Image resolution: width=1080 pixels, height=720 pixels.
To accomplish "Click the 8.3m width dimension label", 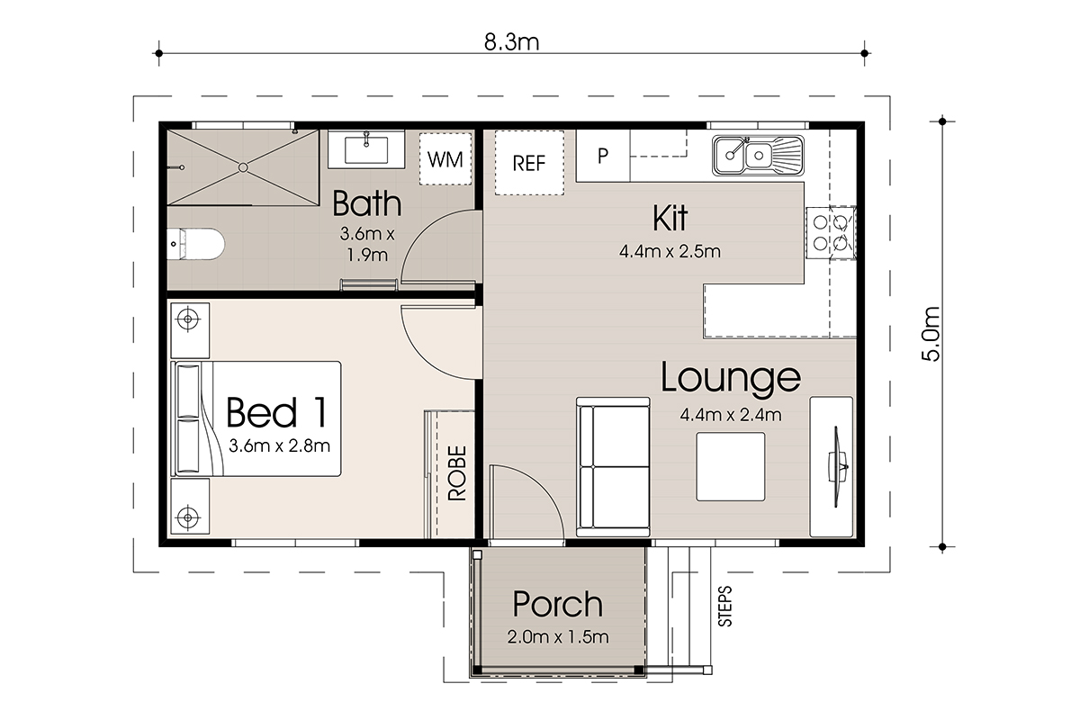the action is [x=511, y=42].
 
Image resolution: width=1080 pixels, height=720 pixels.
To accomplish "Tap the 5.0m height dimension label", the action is [x=931, y=334].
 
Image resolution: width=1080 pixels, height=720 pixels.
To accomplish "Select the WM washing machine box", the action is [x=445, y=159].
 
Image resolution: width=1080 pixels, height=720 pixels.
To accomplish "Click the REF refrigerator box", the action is [x=529, y=163].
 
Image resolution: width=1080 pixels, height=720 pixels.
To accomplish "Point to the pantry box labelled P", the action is [x=603, y=156].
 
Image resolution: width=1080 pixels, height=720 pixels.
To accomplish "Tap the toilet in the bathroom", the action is [x=196, y=244].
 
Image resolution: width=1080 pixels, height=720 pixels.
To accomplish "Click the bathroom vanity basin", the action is [x=366, y=149].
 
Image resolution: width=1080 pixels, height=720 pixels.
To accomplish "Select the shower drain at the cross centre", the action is [x=243, y=167].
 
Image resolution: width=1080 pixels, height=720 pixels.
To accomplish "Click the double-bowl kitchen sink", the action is [x=759, y=156].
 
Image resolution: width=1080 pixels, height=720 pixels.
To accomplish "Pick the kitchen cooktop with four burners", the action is [x=831, y=233].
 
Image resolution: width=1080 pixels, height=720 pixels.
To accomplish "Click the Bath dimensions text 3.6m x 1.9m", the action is [x=367, y=244].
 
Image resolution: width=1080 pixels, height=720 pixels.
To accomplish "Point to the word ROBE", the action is [x=456, y=472].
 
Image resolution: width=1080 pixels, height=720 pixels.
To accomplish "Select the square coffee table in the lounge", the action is [x=731, y=466].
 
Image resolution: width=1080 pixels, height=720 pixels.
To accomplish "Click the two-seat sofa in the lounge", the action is [x=613, y=467].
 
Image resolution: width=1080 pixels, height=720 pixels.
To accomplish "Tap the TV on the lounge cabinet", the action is [x=838, y=467].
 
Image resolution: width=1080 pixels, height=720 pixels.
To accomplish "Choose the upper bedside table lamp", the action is [x=188, y=319].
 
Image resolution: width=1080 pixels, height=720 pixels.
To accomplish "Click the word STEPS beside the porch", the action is [x=724, y=607].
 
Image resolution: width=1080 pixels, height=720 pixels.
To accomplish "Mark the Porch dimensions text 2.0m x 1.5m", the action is [x=558, y=637].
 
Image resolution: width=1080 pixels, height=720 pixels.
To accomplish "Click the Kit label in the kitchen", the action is [x=670, y=219].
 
